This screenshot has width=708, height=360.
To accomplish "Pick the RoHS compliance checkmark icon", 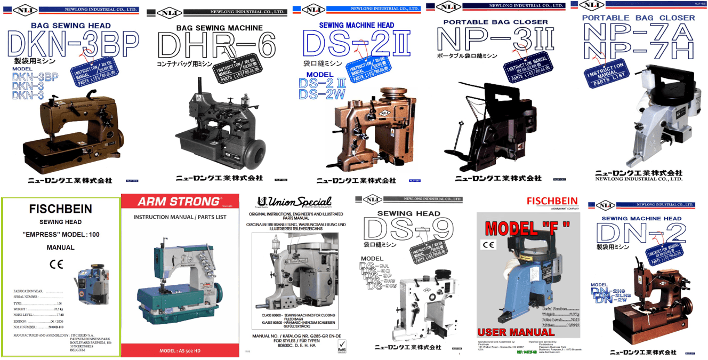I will (x=342, y=348).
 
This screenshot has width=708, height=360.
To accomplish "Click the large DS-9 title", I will (x=408, y=230).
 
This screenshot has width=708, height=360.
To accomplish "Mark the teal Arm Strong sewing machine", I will (x=178, y=288).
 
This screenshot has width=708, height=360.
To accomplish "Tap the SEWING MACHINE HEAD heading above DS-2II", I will (x=356, y=25).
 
